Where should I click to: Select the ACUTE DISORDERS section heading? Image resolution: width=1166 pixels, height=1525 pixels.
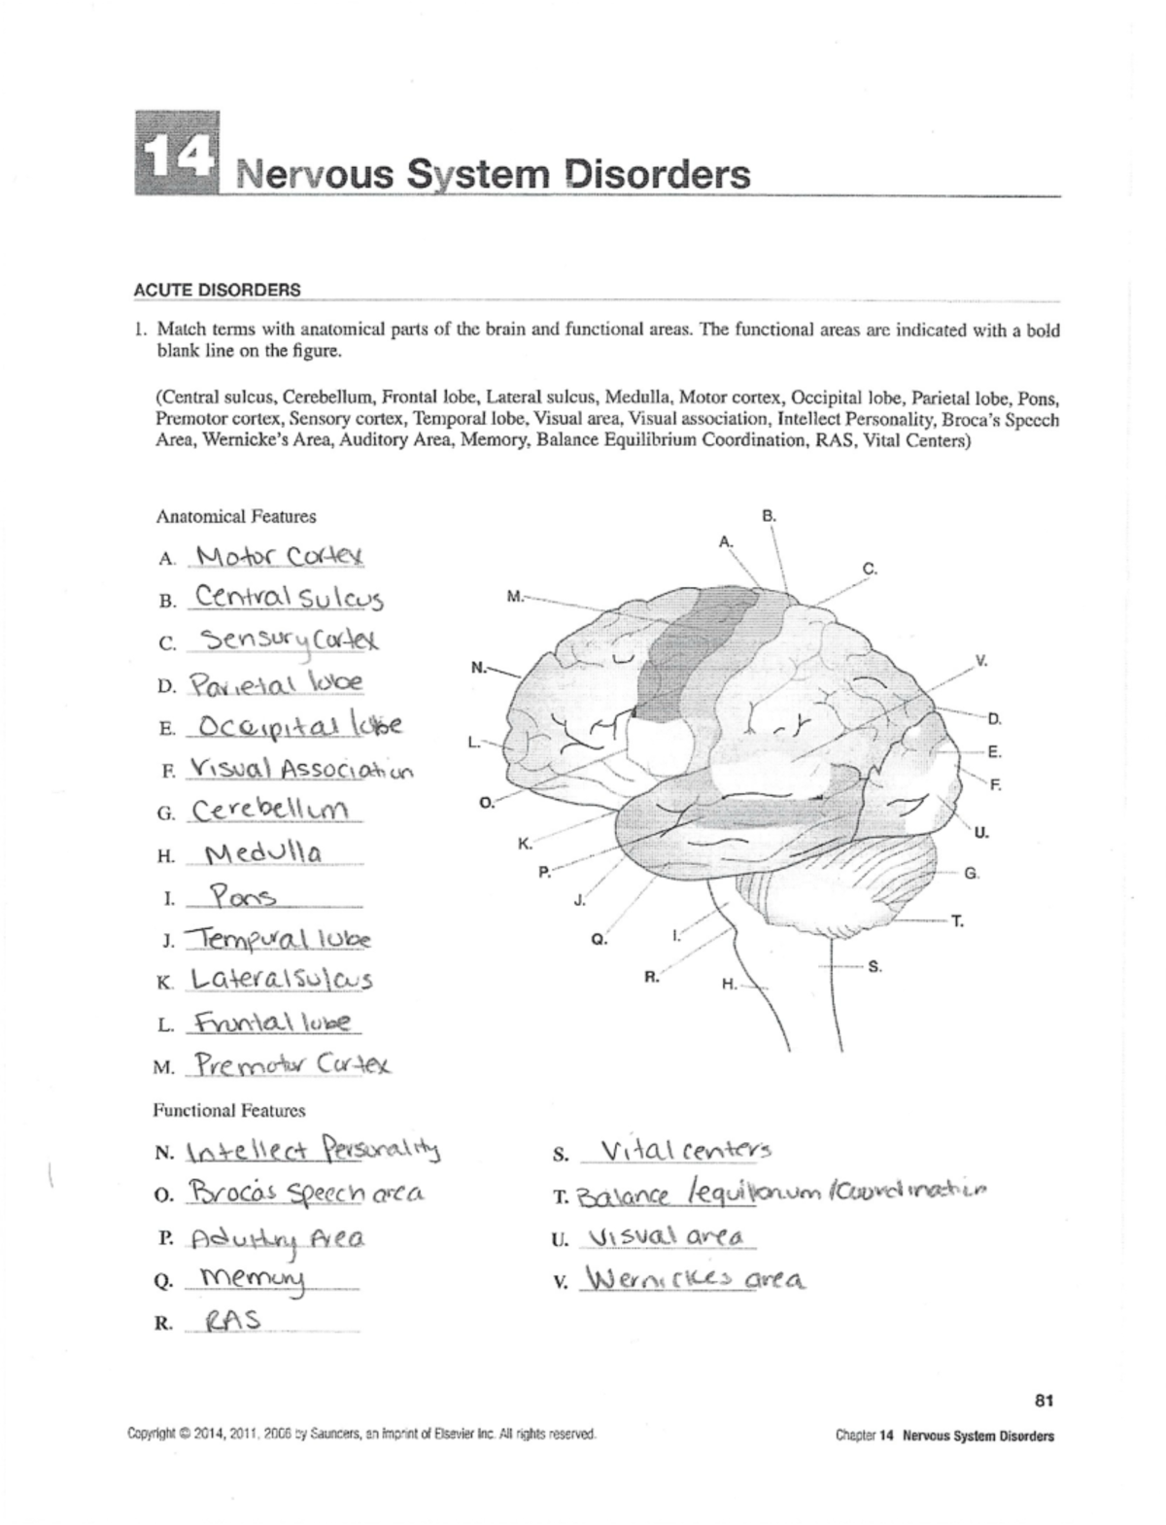pos(217,290)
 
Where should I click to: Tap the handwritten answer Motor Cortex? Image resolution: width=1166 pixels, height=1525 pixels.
pos(279,557)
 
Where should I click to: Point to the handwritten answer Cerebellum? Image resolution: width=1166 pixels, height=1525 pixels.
pos(273,810)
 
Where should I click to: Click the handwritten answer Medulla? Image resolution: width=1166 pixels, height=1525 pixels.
pos(265,854)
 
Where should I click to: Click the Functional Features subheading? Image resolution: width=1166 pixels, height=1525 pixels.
pos(229,1110)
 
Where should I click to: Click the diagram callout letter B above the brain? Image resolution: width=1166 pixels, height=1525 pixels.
pos(769,517)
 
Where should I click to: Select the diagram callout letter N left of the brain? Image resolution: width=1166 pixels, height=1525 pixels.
pos(477,667)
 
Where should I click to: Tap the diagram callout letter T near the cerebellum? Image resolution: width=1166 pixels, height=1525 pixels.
pos(957,921)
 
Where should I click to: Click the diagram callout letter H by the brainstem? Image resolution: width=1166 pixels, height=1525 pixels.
pos(728,985)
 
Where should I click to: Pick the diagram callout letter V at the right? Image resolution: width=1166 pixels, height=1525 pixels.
pos(981,661)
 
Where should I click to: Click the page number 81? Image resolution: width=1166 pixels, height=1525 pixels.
pos(1045,1401)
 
